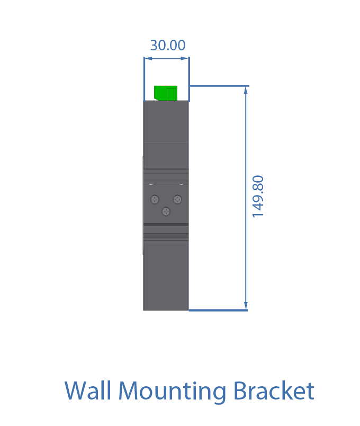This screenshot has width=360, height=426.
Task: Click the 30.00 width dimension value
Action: point(168,45)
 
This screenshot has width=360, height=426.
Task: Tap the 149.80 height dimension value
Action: point(258,197)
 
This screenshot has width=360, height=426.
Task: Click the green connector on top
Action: point(166,93)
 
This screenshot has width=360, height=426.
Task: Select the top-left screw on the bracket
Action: point(155,200)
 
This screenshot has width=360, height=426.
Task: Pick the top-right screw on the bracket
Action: point(177,200)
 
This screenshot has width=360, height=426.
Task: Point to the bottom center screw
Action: point(166,211)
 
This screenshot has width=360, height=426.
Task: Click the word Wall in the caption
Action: point(88,390)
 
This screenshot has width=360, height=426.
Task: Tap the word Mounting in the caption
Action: point(172,391)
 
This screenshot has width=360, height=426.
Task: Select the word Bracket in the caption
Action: point(274,390)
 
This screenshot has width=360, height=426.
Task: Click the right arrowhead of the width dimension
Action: point(185,58)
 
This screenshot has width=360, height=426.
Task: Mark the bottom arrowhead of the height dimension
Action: point(246,305)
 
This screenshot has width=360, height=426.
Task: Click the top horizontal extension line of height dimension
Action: point(219,86)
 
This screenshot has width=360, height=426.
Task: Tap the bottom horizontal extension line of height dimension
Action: point(218,310)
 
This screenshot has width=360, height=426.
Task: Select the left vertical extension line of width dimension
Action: point(144,79)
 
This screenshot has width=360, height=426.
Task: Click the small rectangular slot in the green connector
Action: point(170,94)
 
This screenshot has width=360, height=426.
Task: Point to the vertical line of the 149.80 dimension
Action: point(246,198)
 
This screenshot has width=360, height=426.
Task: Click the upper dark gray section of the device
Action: point(166,135)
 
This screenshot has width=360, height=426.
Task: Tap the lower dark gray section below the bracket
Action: point(166,275)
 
